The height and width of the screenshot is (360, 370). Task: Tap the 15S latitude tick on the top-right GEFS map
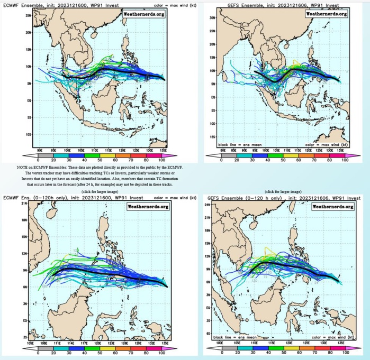(211, 137)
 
